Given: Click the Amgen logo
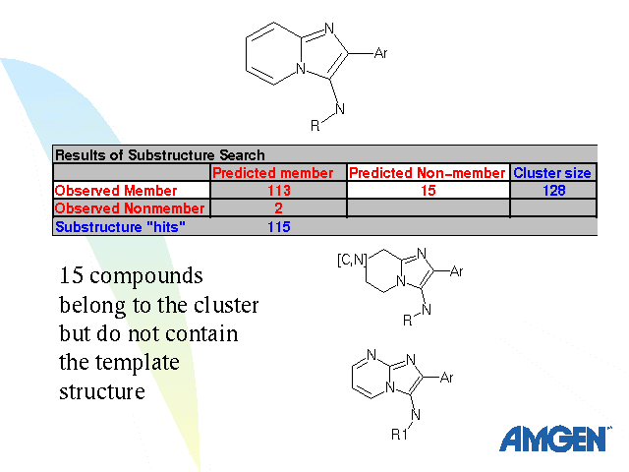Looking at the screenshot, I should pos(554,439).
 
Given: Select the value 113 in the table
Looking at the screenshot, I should pos(279,191).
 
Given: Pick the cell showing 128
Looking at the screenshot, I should pos(554,191).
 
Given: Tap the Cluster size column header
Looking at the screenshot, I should pos(552,173).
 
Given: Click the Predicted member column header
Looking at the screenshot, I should pos(279,173).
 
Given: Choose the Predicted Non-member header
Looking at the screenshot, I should pos(428,173).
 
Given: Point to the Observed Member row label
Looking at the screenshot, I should pos(116,191).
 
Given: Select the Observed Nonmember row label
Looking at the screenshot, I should pos(130,208).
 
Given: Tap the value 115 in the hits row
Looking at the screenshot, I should pos(279,226).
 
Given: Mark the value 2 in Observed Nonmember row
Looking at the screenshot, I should pos(279,208).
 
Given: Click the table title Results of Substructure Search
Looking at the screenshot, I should pos(159,155).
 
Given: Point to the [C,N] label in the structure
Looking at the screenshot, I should pos(352,261).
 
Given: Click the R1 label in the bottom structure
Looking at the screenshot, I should pos(398,433).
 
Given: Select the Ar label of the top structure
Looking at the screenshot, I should pos(381,53).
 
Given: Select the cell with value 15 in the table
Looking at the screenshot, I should pos(428,191).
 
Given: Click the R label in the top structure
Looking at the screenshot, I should pos(314,126).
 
